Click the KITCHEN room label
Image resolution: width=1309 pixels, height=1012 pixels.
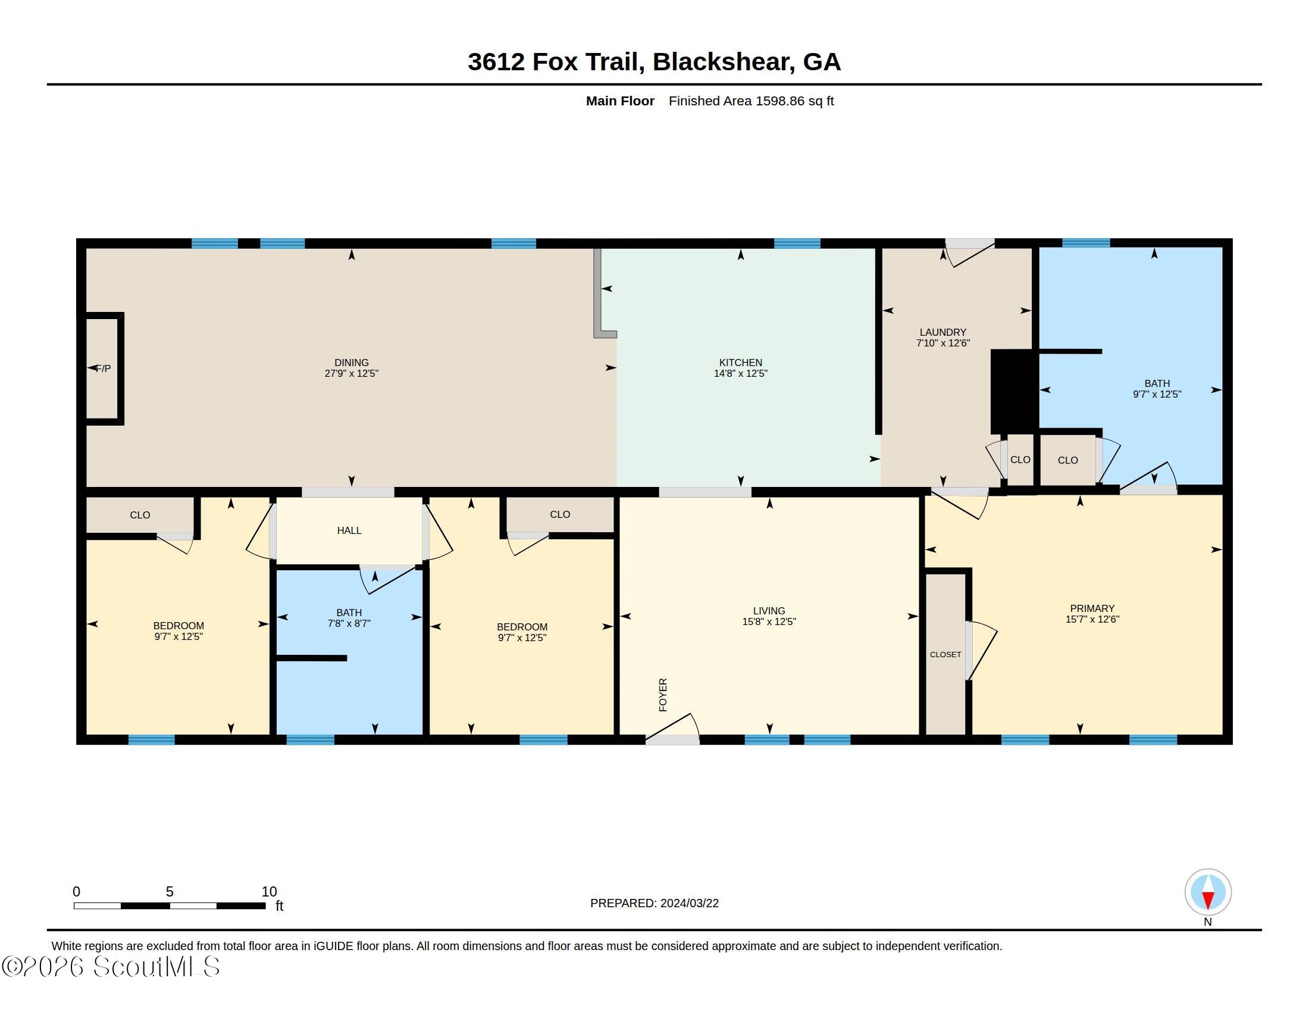click(740, 363)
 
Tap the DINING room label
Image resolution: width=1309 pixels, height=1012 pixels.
click(351, 363)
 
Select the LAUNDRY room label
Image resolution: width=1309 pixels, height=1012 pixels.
click(943, 332)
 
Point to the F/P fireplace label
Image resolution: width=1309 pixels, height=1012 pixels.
click(104, 368)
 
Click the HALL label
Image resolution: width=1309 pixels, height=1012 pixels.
click(349, 530)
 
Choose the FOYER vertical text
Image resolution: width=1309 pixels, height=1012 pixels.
click(663, 695)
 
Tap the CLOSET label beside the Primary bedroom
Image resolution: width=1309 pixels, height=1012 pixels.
click(945, 655)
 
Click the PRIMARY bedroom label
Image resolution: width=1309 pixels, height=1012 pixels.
click(1092, 608)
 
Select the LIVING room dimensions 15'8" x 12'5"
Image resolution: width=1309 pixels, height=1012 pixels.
click(769, 621)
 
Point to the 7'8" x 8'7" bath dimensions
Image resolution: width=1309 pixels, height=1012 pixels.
click(349, 623)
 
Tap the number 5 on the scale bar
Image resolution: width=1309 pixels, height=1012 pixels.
click(170, 892)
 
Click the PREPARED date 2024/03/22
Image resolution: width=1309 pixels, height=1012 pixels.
click(689, 903)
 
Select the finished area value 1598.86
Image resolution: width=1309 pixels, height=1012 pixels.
click(779, 101)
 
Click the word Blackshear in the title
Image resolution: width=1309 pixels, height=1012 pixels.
click(724, 62)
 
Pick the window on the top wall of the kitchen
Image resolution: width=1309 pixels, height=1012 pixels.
click(797, 243)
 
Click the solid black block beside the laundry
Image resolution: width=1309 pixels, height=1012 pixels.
click(1013, 392)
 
